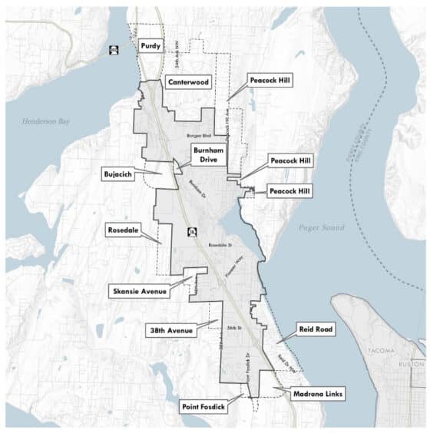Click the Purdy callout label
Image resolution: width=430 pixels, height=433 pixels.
pos(151,46)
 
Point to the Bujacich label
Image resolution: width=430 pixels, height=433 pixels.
pos(119,174)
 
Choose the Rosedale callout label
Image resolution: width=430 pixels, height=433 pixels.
pos(123,230)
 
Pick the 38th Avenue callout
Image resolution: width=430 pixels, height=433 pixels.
pos(170,329)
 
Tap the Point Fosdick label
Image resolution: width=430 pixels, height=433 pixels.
pos(203,406)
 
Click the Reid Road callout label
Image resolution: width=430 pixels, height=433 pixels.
pos(315,329)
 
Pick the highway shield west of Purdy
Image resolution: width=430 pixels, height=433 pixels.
pos(114,50)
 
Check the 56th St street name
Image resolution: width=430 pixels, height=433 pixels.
pos(234,328)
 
